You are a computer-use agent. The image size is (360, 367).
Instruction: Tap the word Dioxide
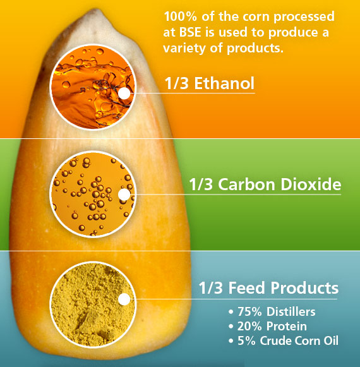[313, 185]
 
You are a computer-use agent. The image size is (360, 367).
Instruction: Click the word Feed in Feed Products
[246, 289]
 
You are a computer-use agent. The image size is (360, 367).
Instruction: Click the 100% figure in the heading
[179, 16]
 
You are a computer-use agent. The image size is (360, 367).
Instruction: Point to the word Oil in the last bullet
[330, 342]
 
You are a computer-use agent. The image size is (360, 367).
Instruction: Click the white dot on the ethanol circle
[124, 93]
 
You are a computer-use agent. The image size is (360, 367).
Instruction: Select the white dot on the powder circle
[124, 299]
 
